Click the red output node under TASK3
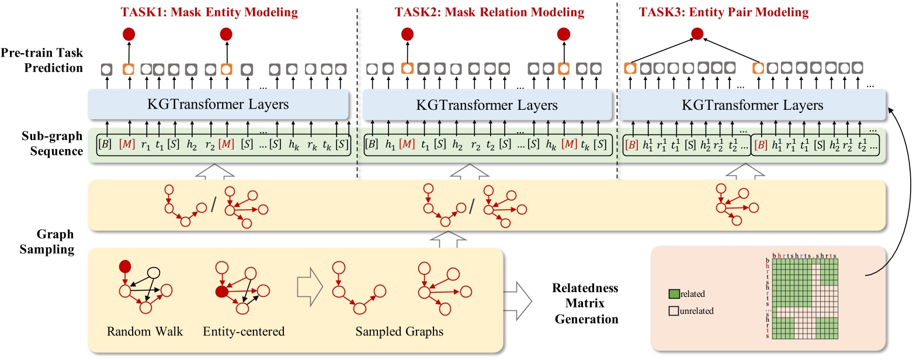pos(696,34)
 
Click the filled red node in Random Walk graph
pos(124,266)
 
